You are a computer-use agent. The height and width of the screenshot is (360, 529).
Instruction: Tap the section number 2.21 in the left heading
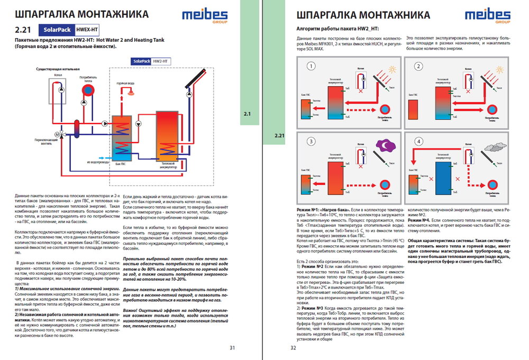point(24,30)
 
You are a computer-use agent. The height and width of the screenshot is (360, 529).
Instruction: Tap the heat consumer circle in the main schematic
point(86,89)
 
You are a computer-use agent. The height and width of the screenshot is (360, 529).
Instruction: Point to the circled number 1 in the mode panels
point(312,67)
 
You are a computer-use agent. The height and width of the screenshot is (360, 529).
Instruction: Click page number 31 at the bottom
point(232,347)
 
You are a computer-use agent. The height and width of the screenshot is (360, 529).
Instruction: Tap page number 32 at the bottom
point(294,347)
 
